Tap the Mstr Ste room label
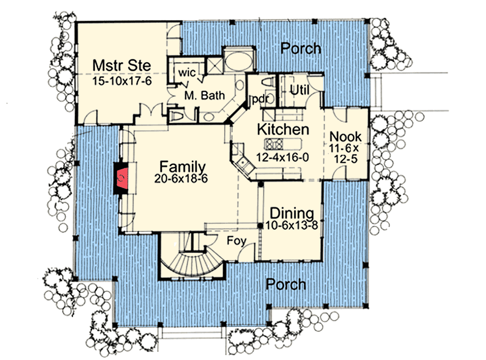[114, 65]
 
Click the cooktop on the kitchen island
[274, 144]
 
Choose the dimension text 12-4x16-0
[282, 158]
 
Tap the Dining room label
[292, 212]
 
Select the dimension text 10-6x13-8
[292, 225]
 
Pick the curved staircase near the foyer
[188, 261]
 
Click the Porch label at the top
[301, 49]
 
